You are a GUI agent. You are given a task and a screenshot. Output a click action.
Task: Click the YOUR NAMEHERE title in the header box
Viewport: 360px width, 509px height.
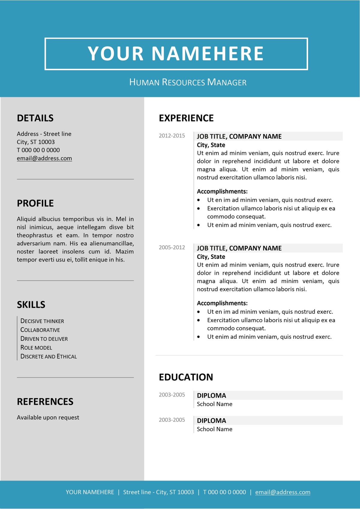click(x=176, y=54)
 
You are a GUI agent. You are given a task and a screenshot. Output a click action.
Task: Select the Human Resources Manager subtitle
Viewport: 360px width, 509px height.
click(x=188, y=82)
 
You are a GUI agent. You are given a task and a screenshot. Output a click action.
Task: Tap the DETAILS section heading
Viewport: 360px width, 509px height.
click(x=35, y=118)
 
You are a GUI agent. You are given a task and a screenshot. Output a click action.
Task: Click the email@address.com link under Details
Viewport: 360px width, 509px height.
click(x=44, y=158)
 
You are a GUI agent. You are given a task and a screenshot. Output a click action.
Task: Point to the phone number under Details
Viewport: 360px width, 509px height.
click(x=38, y=150)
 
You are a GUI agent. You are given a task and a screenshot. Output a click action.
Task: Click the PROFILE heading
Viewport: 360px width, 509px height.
click(x=35, y=203)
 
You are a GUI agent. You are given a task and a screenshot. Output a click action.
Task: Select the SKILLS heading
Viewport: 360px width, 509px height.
click(x=31, y=305)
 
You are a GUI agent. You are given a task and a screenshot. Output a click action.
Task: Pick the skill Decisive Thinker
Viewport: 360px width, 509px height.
click(x=42, y=321)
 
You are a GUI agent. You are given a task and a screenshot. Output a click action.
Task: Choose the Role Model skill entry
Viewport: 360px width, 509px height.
click(x=36, y=348)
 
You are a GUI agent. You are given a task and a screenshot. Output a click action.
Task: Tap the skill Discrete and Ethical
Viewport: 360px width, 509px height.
click(x=49, y=357)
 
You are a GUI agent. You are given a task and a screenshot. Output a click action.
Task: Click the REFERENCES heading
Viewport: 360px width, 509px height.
click(x=45, y=402)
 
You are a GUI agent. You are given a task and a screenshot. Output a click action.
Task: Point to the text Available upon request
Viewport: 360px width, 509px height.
click(x=48, y=418)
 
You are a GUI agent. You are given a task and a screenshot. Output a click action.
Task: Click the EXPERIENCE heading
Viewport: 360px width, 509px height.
click(x=186, y=118)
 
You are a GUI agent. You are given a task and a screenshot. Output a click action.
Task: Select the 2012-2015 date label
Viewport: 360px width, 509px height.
click(x=172, y=136)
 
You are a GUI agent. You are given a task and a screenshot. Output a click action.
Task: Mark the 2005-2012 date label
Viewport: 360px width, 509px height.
click(x=172, y=247)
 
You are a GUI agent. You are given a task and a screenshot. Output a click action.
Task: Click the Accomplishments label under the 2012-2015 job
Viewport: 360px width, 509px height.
click(x=222, y=191)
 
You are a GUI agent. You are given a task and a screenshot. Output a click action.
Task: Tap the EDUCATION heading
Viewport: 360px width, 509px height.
click(x=186, y=377)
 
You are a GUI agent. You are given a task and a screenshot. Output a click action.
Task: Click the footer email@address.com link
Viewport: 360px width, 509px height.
click(x=283, y=492)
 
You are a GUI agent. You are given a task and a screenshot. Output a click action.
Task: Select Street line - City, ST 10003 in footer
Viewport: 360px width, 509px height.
click(x=158, y=492)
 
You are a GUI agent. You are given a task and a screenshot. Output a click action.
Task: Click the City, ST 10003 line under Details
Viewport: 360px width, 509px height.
click(x=36, y=142)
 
